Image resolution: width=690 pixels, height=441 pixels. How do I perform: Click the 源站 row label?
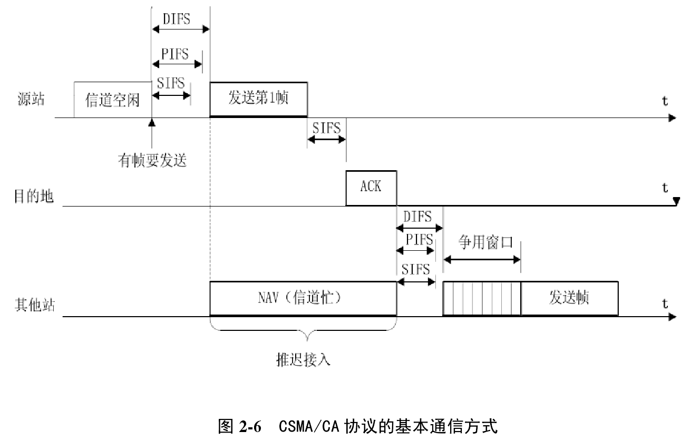pyautogui.click(x=31, y=100)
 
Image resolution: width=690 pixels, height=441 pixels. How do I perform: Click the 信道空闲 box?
pyautogui.click(x=112, y=100)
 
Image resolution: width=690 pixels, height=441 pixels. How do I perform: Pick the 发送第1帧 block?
pyautogui.click(x=258, y=99)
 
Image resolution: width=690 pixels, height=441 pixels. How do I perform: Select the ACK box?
pyautogui.click(x=371, y=188)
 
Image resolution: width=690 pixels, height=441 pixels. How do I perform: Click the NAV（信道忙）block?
pyautogui.click(x=303, y=298)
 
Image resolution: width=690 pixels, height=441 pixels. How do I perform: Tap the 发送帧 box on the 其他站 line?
pyautogui.click(x=569, y=298)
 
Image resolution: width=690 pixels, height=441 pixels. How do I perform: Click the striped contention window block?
pyautogui.click(x=482, y=299)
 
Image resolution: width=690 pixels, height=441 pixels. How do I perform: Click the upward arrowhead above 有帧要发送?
pyautogui.click(x=152, y=123)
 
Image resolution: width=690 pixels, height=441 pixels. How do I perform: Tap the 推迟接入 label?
pyautogui.click(x=304, y=360)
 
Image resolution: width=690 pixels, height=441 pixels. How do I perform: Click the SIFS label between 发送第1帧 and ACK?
pyautogui.click(x=326, y=128)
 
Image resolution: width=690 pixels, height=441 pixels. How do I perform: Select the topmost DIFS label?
pyautogui.click(x=177, y=19)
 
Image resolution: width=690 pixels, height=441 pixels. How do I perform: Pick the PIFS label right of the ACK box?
pyautogui.click(x=419, y=240)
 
